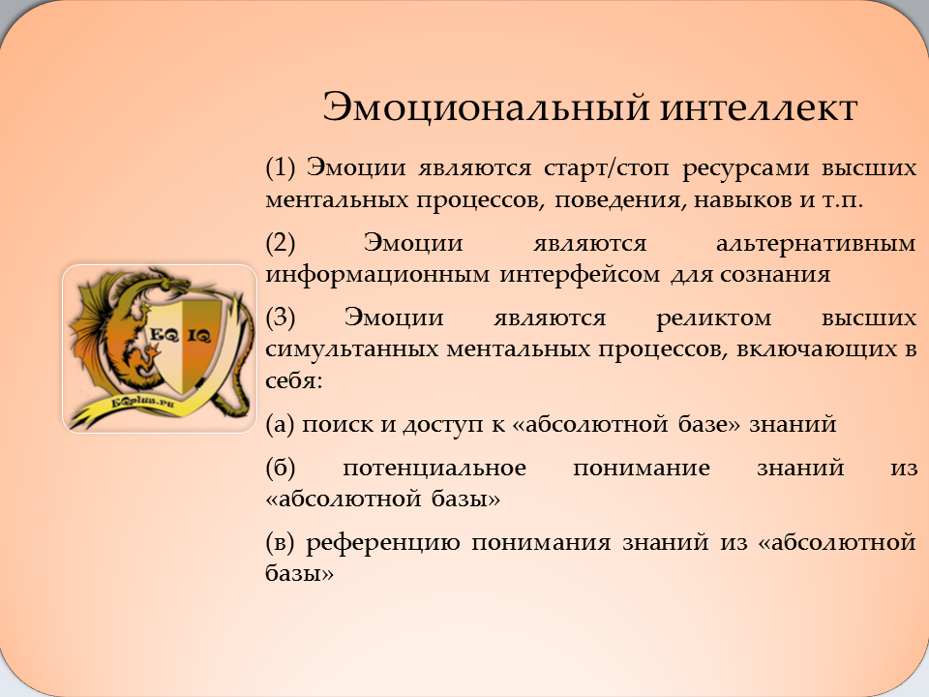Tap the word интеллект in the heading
759,108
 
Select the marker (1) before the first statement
281,168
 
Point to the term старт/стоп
606,168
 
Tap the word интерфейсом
579,275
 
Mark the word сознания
775,274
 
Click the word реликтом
714,319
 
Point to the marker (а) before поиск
280,425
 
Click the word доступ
443,425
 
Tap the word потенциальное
435,469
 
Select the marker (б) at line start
281,469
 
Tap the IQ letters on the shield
199,336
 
